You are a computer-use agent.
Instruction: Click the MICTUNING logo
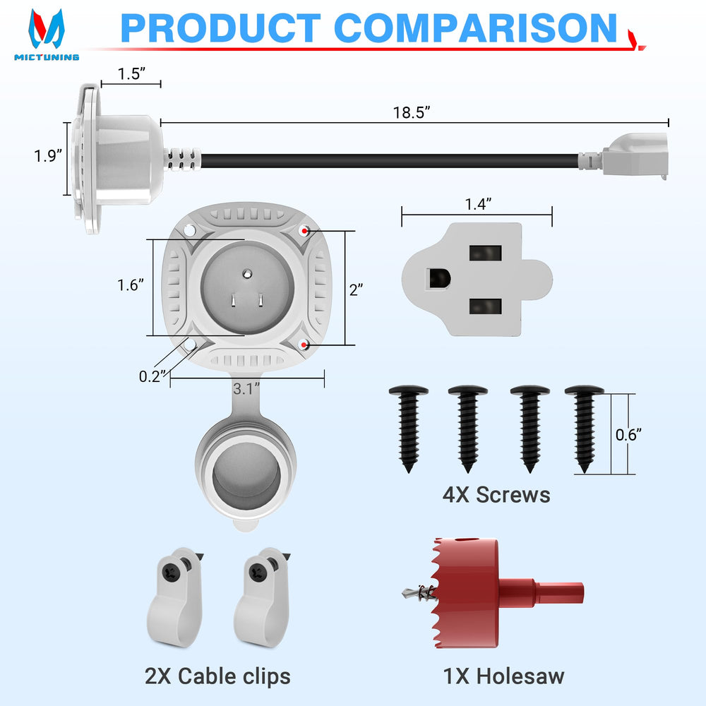pyautogui.click(x=47, y=34)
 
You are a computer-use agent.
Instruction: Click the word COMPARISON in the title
pyautogui.click(x=475, y=28)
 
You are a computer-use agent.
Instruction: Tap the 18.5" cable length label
pyautogui.click(x=412, y=112)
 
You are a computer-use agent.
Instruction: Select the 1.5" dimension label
pyautogui.click(x=131, y=73)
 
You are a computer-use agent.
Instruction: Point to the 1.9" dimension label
pyautogui.click(x=48, y=156)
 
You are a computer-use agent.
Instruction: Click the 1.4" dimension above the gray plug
pyautogui.click(x=478, y=204)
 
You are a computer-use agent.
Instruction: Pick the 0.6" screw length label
pyautogui.click(x=628, y=434)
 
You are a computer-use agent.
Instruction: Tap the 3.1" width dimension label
pyautogui.click(x=246, y=388)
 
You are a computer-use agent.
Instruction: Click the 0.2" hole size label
pyautogui.click(x=152, y=376)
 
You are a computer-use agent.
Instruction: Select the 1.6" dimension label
pyautogui.click(x=131, y=285)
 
